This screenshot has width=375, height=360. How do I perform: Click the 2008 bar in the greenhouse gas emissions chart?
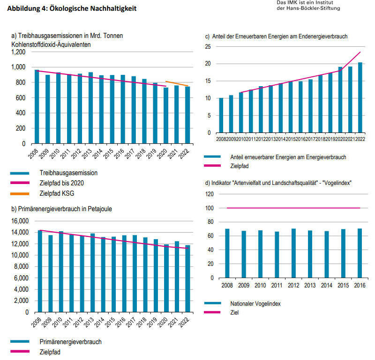point(37,107)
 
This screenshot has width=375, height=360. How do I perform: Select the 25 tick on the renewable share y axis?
point(207,46)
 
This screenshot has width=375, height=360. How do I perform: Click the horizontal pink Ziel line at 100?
point(293,208)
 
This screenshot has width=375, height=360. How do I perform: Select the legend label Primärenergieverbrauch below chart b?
point(71,342)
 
